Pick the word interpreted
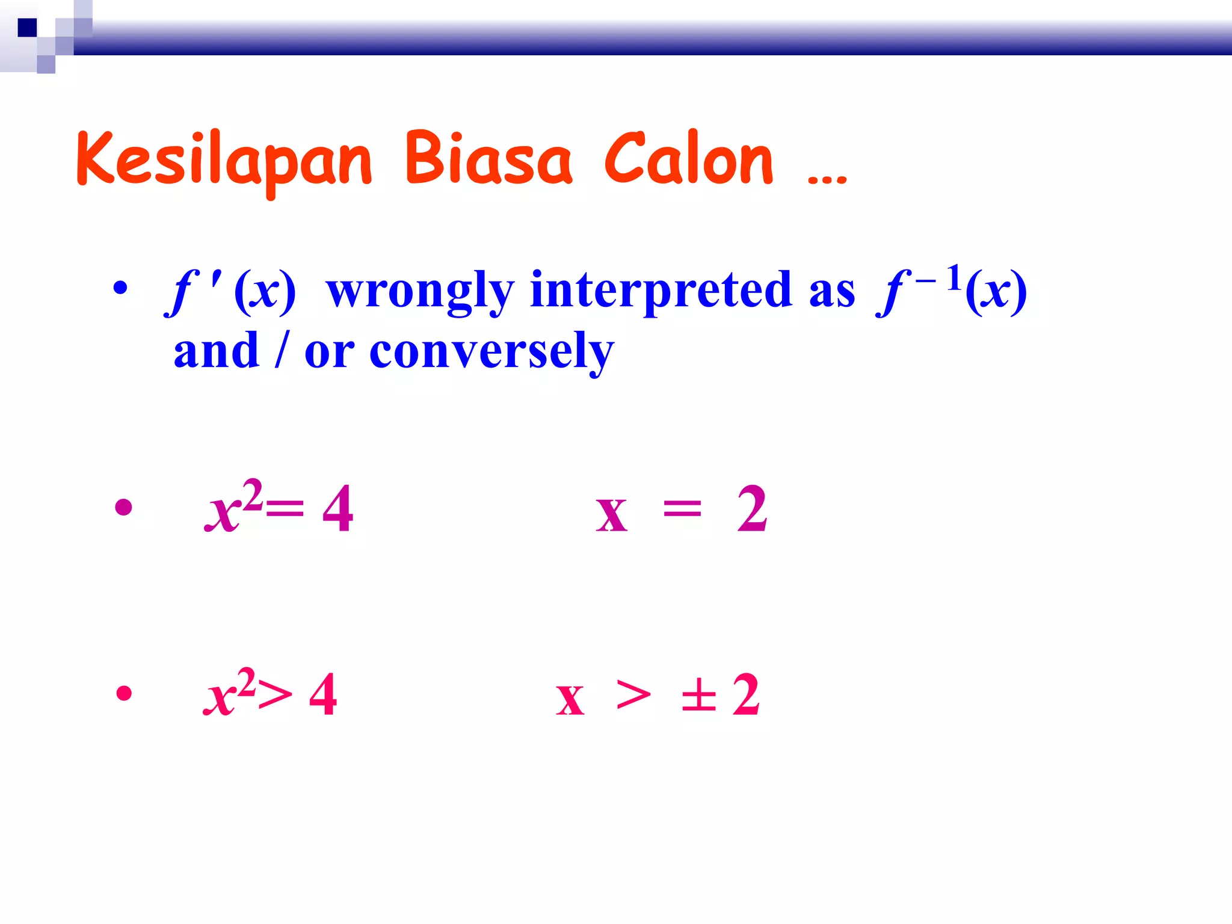pyautogui.click(x=662, y=292)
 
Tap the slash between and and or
pyautogui.click(x=280, y=351)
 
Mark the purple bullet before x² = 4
pyautogui.click(x=123, y=507)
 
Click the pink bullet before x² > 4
pyautogui.click(x=124, y=693)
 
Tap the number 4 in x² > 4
pyautogui.click(x=323, y=695)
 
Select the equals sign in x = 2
pyautogui.click(x=682, y=510)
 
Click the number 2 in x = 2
pyautogui.click(x=752, y=510)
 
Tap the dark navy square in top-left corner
pyautogui.click(x=27, y=28)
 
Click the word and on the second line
pyautogui.click(x=216, y=351)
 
